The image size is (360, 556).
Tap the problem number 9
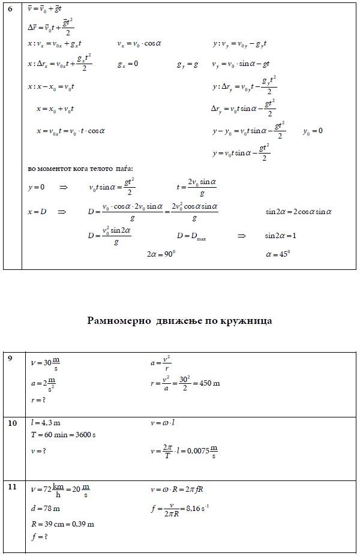[10, 359]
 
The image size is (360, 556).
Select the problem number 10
[12, 422]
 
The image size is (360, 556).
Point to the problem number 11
[12, 486]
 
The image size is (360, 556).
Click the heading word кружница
[245, 321]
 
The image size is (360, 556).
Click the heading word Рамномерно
[118, 321]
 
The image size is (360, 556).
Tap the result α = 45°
[278, 254]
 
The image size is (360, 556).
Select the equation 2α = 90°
[161, 254]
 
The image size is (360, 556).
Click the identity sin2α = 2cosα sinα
[299, 212]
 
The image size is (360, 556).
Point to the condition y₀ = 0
[313, 131]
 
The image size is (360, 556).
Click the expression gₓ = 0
[128, 64]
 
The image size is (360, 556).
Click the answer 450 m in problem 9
[208, 383]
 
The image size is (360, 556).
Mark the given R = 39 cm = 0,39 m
[62, 524]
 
